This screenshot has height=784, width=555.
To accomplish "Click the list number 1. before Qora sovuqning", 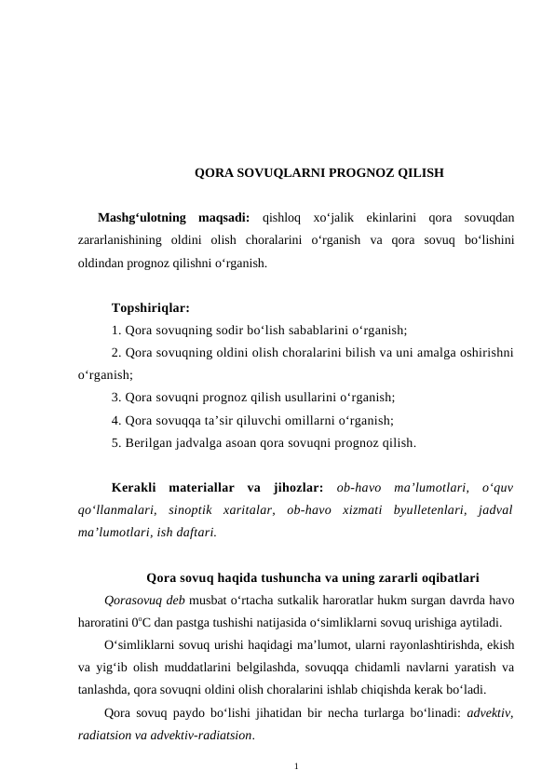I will pyautogui.click(x=115, y=330).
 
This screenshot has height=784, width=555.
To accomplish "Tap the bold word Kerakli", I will pyautogui.click(x=138, y=488).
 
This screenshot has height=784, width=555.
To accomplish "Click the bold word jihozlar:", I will pyautogui.click(x=297, y=488).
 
